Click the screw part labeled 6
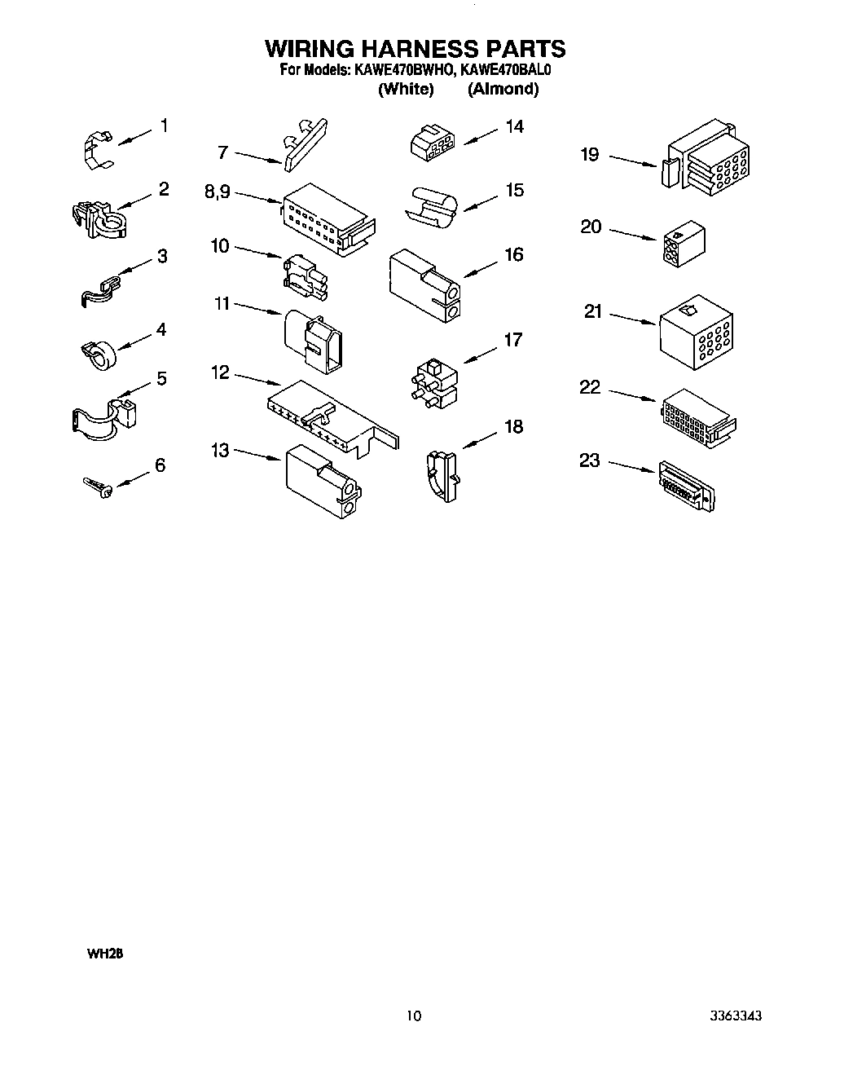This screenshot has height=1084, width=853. point(97,487)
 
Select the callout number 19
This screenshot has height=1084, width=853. point(590,154)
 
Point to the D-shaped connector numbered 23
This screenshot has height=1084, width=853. point(686,487)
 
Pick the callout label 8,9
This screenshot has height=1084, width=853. point(218,192)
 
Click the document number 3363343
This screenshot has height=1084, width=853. point(735,1016)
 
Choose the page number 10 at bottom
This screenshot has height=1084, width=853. point(414,1016)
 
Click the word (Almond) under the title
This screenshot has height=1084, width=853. point(503,89)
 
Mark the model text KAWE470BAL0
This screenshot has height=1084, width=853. point(506,70)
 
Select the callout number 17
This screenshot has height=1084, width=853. point(512,340)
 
